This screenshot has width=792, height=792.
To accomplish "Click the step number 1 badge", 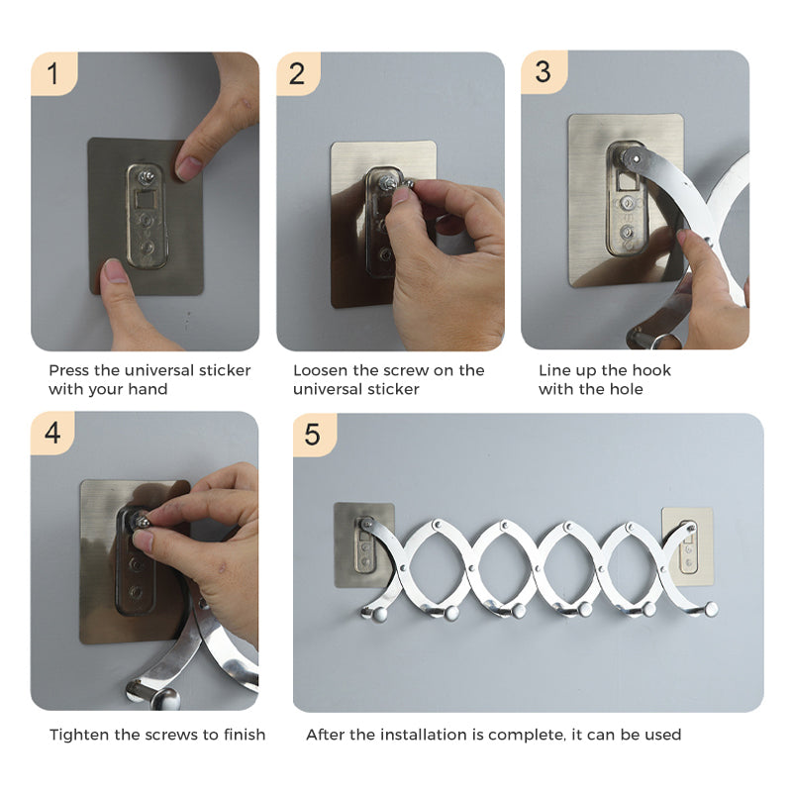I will [52, 74].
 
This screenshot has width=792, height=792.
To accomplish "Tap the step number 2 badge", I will [298, 74].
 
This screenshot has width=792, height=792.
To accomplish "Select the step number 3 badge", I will [543, 72].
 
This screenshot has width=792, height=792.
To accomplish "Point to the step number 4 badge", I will [52, 434].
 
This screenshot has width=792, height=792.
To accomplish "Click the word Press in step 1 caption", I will [69, 370].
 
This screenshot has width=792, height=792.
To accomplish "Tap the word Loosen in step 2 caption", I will [320, 370].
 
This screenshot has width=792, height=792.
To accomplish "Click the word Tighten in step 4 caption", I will [80, 735].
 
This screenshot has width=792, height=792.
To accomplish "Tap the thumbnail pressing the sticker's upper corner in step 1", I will [189, 166].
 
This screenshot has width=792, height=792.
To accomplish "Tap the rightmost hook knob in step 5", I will [709, 608].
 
